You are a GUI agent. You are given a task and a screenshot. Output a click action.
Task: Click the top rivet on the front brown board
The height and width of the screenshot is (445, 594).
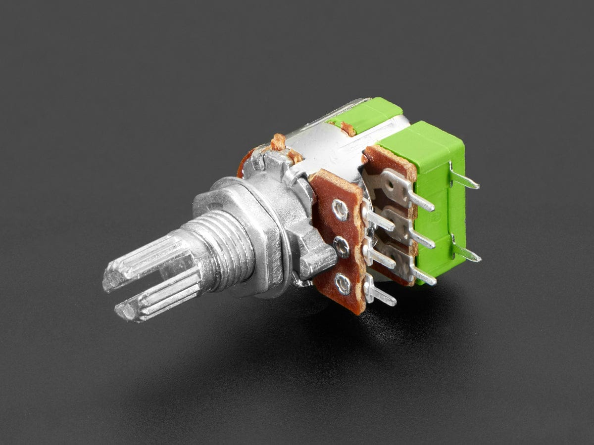340,209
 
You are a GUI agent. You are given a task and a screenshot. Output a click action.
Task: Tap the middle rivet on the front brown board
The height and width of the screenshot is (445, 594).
342,246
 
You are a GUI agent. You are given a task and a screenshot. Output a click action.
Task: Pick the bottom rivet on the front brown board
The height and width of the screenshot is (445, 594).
343,283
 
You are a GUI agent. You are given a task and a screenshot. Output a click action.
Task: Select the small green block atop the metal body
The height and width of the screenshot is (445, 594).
366,115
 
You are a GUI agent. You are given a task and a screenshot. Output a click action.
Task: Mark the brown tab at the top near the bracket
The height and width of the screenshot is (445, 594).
278,142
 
